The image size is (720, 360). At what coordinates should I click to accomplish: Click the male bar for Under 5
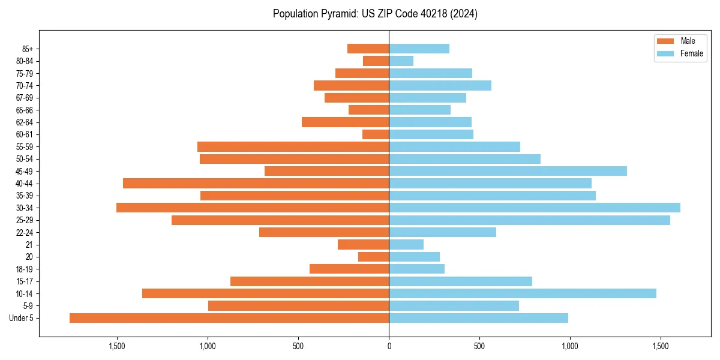pos(229,318)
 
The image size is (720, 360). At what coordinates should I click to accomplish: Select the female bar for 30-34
pos(535,208)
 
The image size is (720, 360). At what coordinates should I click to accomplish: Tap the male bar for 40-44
pos(256,183)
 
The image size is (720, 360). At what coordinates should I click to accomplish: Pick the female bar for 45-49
pos(508,171)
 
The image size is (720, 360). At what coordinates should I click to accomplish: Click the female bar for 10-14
pos(523,293)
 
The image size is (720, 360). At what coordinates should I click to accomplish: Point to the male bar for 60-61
pos(376,134)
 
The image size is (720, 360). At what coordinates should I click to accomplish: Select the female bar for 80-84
pos(401,61)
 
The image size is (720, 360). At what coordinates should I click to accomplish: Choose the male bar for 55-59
pos(293,146)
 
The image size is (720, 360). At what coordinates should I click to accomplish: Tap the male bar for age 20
pos(374,257)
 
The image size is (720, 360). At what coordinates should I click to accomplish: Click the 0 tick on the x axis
pos(389,346)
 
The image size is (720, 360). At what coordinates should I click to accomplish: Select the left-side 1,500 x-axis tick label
pos(116,346)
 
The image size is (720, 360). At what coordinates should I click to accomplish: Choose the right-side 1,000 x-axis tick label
pos(570,346)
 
